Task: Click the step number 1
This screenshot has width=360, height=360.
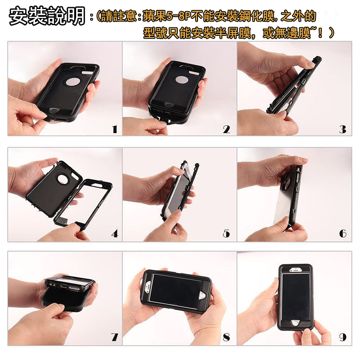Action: pos(115,129)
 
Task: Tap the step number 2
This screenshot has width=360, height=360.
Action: pos(226,129)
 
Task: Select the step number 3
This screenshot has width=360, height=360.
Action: pos(342,129)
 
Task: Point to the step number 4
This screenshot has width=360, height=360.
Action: pos(115,234)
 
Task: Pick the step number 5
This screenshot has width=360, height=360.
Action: pos(226,234)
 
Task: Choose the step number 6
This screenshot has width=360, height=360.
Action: pos(342,234)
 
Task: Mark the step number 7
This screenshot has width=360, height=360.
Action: pos(115,337)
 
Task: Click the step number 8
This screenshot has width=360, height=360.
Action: pos(226,337)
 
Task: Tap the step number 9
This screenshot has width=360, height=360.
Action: pos(342,337)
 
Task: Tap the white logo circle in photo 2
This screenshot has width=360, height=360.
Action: pos(182,80)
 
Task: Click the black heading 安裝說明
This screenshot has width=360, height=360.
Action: pos(47,16)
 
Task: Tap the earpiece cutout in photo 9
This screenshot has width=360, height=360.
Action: pos(295,270)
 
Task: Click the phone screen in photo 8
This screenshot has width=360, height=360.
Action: pos(175,291)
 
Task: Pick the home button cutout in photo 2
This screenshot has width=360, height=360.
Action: pos(169,105)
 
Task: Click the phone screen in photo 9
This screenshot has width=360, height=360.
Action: pos(296,297)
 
